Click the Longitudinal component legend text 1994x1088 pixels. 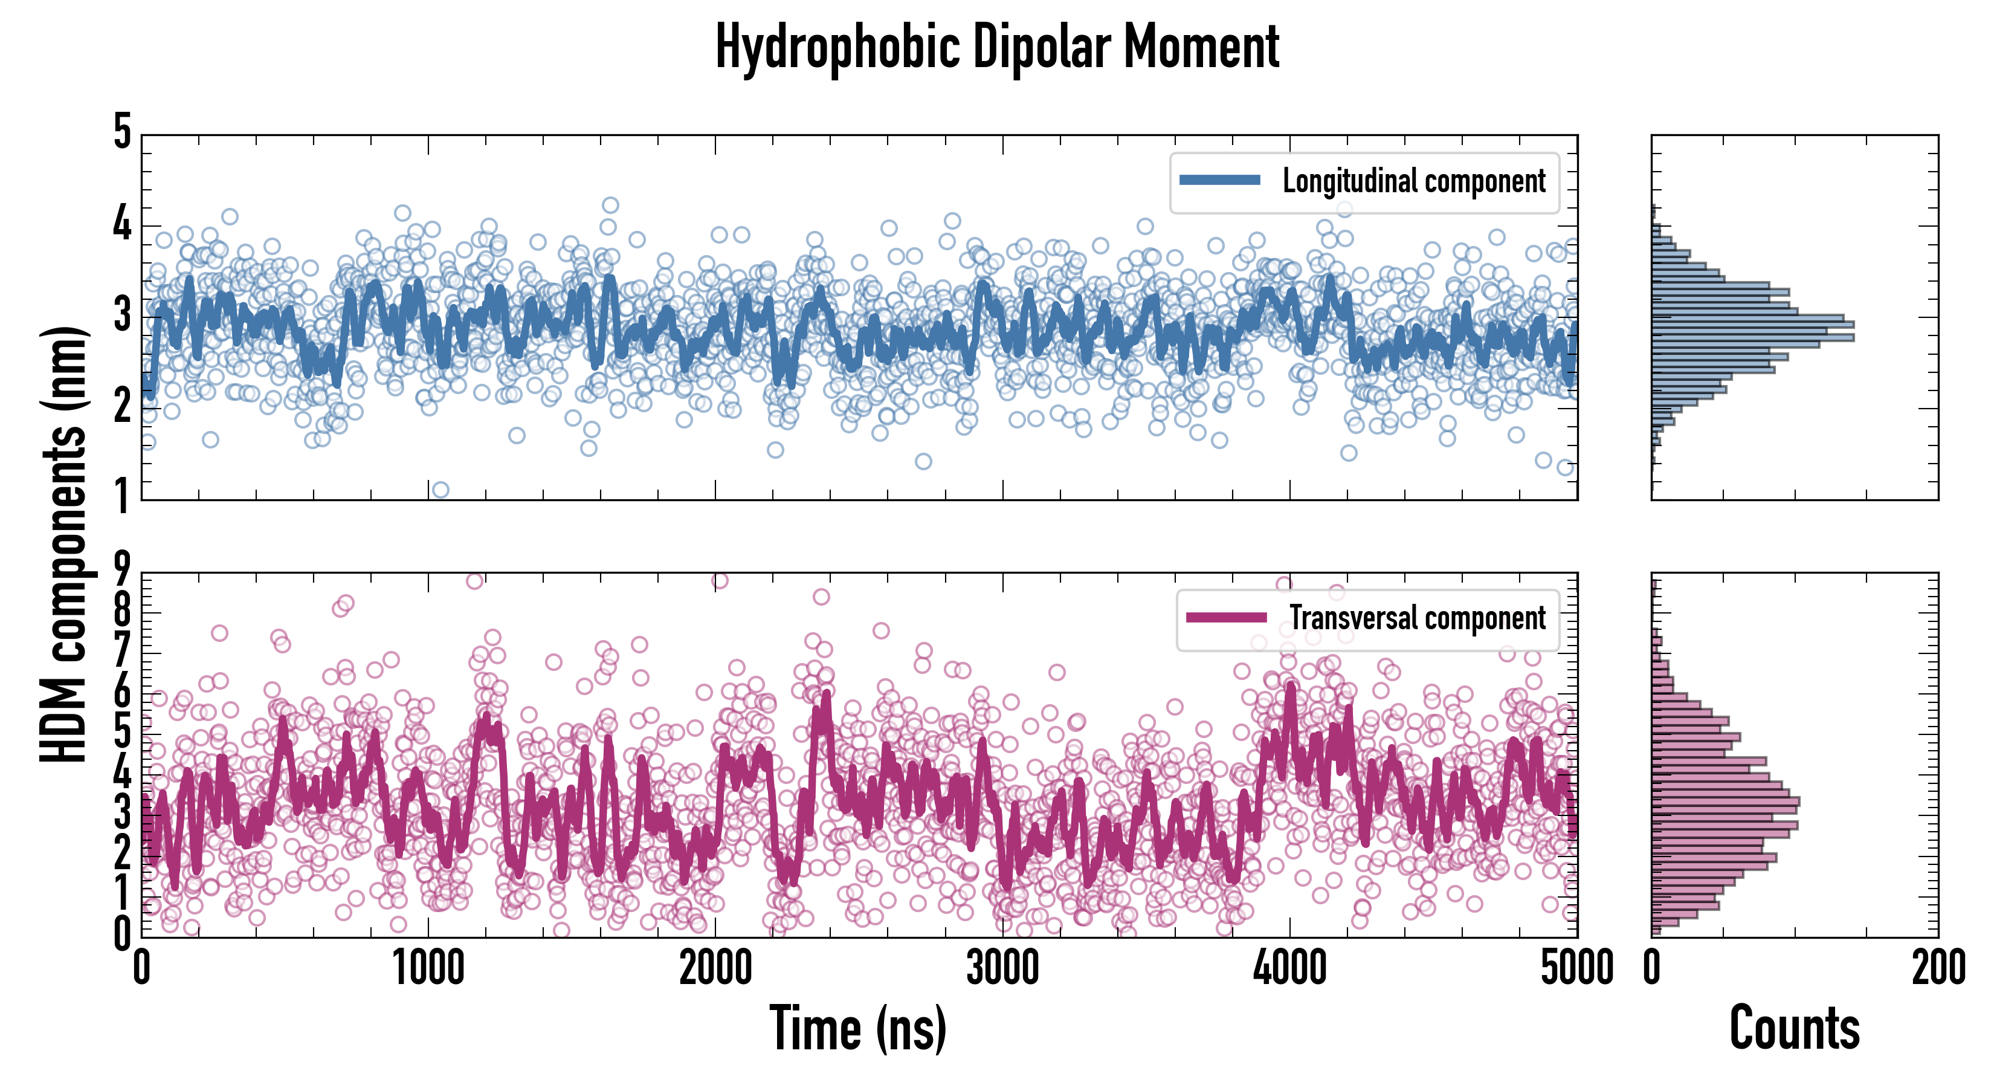(1413, 181)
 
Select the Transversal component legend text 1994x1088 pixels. (1418, 618)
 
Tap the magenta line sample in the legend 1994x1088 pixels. (1226, 617)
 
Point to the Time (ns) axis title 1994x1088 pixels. (857, 1028)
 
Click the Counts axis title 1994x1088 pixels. (1794, 1028)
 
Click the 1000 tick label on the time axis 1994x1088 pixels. (428, 968)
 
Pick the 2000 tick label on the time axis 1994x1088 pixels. (715, 968)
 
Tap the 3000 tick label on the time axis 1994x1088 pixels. (1002, 968)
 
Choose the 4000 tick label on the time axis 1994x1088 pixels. (1289, 968)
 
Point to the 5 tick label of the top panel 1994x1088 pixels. (122, 132)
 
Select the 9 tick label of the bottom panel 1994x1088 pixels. (122, 569)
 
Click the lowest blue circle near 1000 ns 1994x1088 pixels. (440, 490)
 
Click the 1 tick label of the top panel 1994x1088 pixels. (122, 496)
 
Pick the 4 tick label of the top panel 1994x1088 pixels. (122, 225)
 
